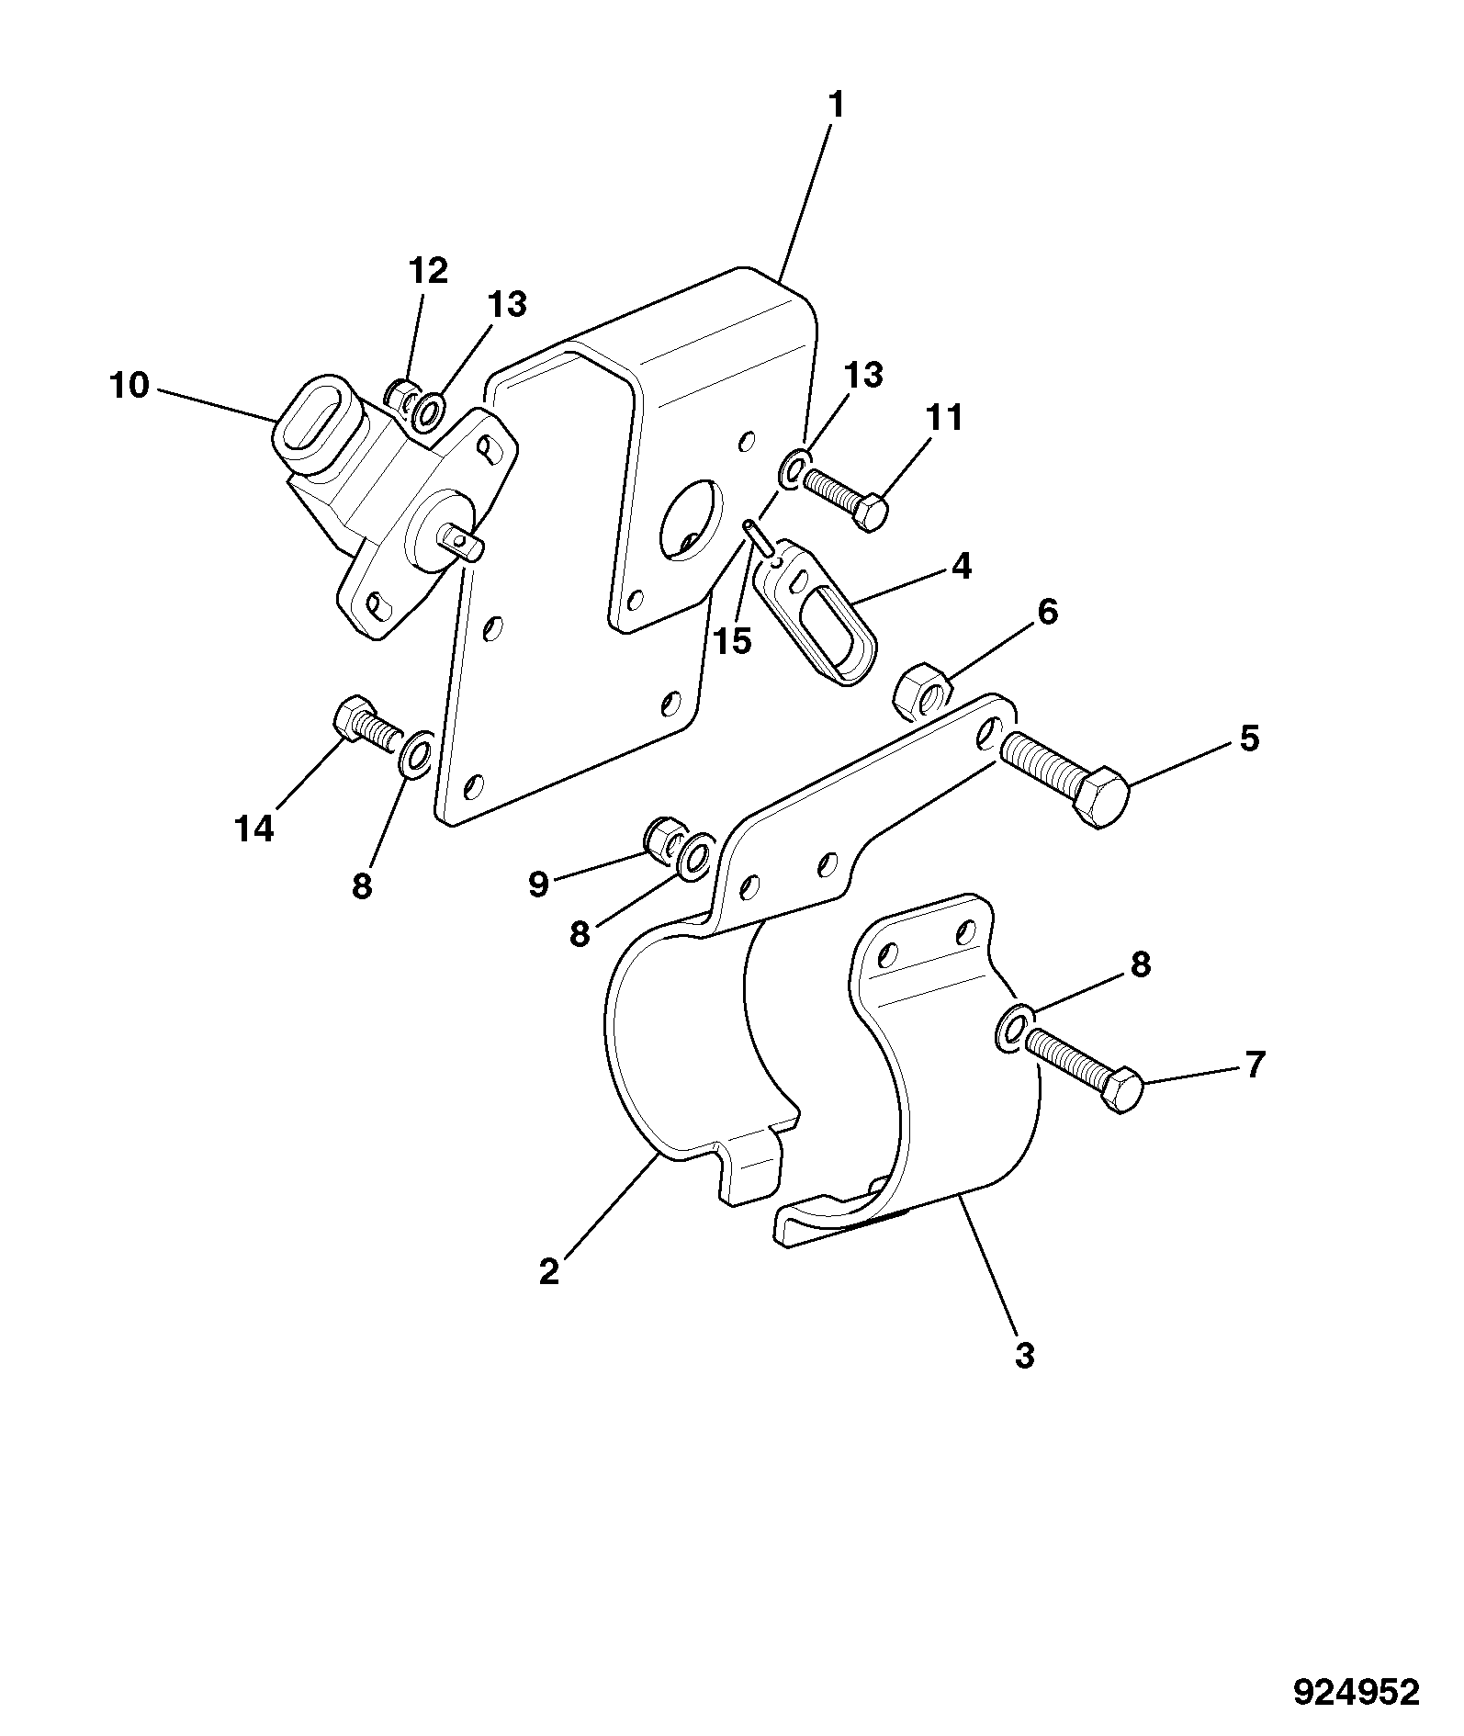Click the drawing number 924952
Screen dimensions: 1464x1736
point(1357,1692)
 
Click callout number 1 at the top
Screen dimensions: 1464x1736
point(836,106)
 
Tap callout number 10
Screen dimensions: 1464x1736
point(130,386)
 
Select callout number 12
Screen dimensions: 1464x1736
point(428,271)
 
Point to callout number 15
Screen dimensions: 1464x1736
point(733,642)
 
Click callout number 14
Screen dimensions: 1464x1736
point(254,829)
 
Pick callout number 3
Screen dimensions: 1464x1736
point(1025,1355)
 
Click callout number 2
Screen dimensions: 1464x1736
point(548,1272)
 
